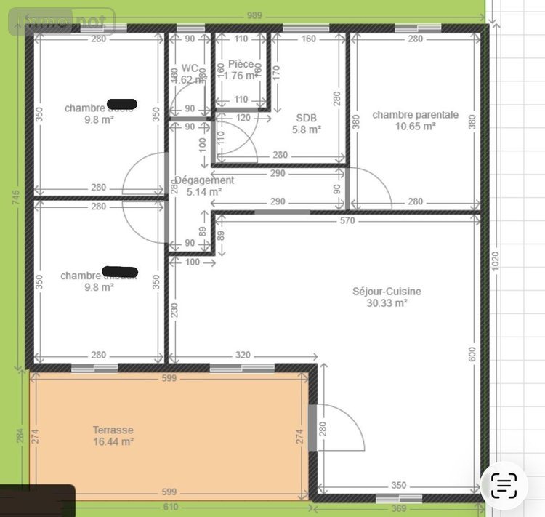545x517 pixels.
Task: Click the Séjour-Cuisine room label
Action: [387, 292]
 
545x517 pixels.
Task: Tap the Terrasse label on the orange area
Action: [113, 430]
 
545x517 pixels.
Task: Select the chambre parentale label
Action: [415, 114]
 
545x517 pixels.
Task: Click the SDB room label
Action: [306, 118]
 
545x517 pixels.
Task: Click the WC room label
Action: [190, 68]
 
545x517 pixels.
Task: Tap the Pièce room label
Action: [241, 64]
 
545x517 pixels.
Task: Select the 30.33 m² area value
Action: [387, 303]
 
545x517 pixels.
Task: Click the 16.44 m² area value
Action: [113, 441]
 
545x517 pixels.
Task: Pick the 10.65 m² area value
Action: [415, 126]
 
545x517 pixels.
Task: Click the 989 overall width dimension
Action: [254, 15]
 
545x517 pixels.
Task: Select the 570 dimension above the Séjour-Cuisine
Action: [347, 220]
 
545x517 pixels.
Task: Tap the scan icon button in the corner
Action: [504, 484]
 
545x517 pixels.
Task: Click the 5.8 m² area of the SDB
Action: [306, 129]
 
